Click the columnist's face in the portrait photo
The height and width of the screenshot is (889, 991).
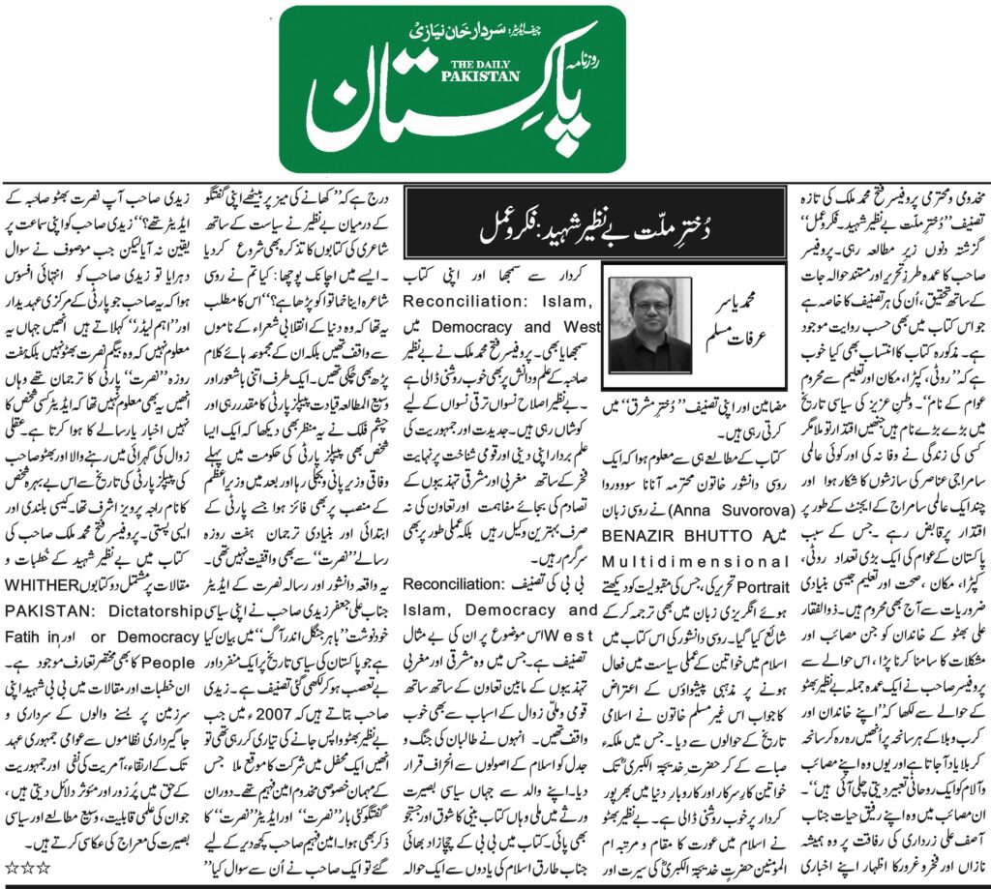(649, 311)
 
